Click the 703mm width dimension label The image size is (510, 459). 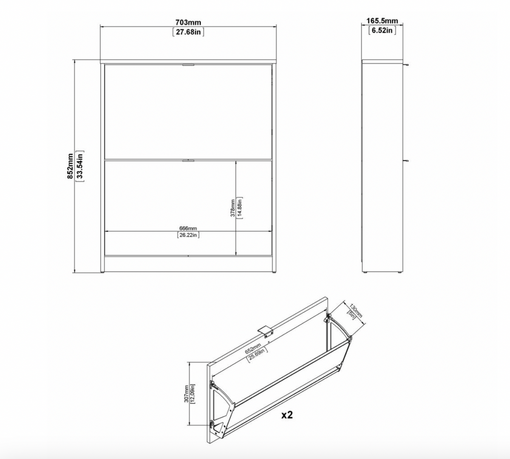188,22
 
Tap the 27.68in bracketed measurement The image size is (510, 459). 188,32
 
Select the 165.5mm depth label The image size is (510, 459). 382,21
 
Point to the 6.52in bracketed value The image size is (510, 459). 382,31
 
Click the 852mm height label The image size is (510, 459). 70,166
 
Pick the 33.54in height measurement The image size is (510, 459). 80,166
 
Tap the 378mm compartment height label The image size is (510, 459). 232,208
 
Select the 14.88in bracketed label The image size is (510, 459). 240,208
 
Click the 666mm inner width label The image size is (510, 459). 188,229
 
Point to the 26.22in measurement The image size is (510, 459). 188,235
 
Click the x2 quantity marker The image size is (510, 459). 287,415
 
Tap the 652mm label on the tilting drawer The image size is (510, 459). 253,349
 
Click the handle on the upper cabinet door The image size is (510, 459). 188,65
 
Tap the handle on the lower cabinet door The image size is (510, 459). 188,160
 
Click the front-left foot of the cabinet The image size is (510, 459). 102,272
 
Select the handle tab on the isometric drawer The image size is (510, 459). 265,330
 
